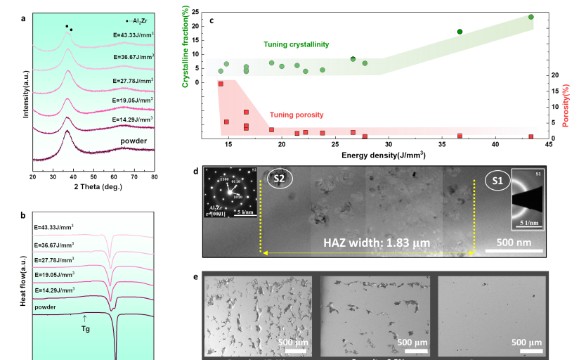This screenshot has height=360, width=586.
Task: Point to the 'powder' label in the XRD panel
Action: pos(133,141)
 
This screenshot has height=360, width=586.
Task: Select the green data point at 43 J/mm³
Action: pos(530,17)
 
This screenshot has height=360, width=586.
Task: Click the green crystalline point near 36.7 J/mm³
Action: pos(460,32)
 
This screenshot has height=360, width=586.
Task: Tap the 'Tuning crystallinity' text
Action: pos(296,44)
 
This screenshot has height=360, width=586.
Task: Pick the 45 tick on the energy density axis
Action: pos(548,144)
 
